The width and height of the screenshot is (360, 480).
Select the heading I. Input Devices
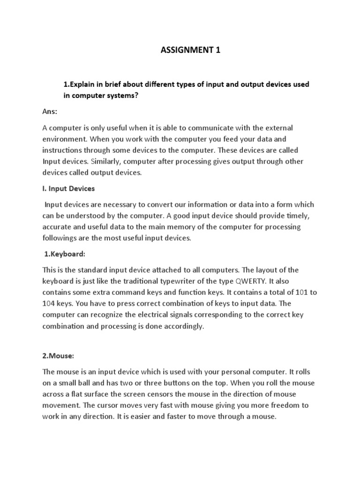68,188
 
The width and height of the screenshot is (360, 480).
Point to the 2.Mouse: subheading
58,356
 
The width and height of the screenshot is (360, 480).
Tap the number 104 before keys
50,303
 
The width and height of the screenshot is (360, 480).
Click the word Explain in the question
83,84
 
